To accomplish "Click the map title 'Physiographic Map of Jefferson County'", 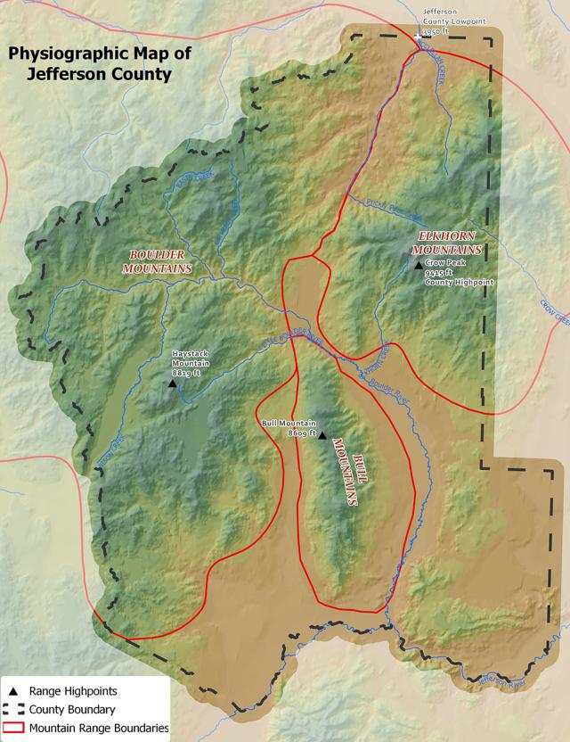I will pyautogui.click(x=99, y=64).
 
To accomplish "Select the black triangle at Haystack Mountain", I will pyautogui.click(x=172, y=383).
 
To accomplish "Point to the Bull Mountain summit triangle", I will pyautogui.click(x=322, y=435).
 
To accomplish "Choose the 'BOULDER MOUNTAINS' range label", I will pyautogui.click(x=158, y=260).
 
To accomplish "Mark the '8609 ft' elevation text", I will pyautogui.click(x=303, y=433).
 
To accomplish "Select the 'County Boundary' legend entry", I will pyautogui.click(x=71, y=710).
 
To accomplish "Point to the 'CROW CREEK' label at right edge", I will pyautogui.click(x=553, y=308).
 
